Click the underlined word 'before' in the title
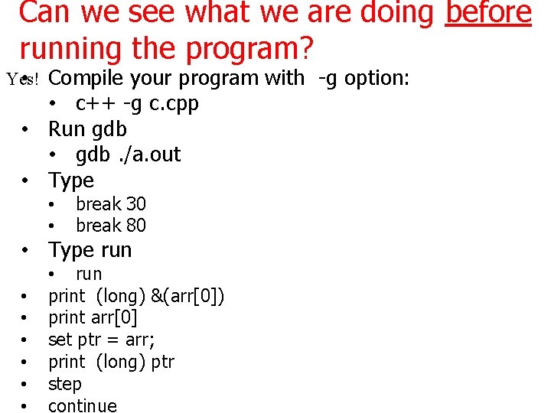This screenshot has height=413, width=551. [488, 13]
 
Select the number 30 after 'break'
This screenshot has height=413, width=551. [135, 204]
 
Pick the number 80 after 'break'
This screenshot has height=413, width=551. [135, 225]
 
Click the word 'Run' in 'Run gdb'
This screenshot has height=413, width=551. [67, 128]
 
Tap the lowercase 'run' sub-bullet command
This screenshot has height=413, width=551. [89, 274]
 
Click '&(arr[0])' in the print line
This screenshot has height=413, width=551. [184, 295]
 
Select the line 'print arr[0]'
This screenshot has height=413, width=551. [93, 317]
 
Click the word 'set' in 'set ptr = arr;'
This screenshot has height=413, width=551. [60, 339]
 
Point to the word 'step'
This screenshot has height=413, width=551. [64, 383]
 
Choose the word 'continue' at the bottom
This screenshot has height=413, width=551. [83, 405]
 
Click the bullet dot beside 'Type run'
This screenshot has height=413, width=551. [26, 251]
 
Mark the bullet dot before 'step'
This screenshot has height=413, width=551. [26, 384]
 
